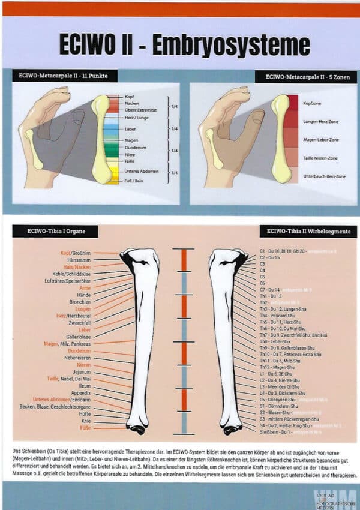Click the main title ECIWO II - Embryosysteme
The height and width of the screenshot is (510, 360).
pyautogui.click(x=184, y=45)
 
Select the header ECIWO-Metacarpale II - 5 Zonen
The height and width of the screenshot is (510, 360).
pyautogui.click(x=305, y=77)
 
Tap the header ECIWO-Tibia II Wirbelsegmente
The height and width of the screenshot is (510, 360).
pyautogui.click(x=308, y=231)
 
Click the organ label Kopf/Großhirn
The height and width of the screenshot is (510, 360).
pyautogui.click(x=76, y=253)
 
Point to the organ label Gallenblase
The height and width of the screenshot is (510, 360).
pyautogui.click(x=79, y=337)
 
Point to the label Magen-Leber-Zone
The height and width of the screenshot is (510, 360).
pyautogui.click(x=322, y=139)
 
